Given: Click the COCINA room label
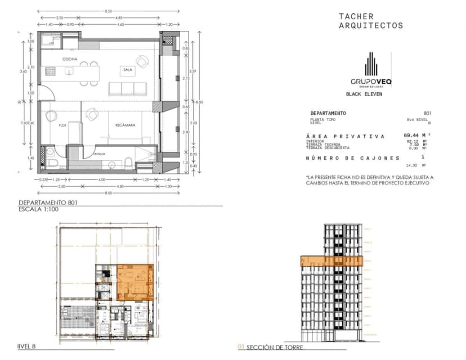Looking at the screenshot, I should tap(70, 58).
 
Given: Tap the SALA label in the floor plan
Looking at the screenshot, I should tap(126, 70).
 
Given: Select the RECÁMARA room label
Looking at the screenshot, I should tap(125, 125).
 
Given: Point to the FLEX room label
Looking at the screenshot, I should tap(62, 125).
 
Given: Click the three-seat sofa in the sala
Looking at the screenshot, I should tap(127, 88).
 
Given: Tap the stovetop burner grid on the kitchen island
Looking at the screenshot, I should tap(51, 71).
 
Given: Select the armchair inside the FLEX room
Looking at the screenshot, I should tap(52, 116).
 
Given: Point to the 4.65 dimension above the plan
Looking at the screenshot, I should tap(121, 25).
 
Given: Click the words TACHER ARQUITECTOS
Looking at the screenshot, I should tap(370, 21).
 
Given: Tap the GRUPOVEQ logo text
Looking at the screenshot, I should tap(371, 82).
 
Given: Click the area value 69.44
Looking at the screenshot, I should tap(414, 136).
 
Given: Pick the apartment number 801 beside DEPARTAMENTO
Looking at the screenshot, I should tap(427, 114).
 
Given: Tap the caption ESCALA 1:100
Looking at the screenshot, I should tap(38, 209).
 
